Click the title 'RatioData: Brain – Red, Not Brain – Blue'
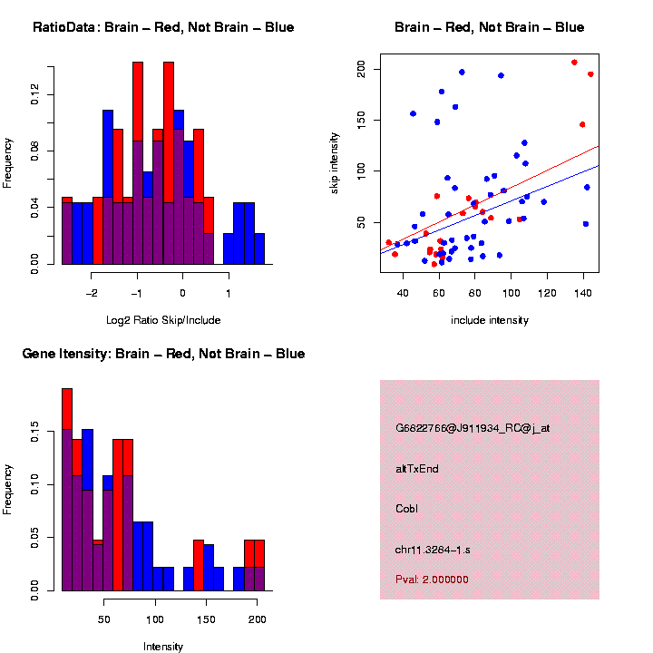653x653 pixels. (x=163, y=27)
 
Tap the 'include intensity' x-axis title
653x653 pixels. (x=490, y=319)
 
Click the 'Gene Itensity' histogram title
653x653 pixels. (x=163, y=354)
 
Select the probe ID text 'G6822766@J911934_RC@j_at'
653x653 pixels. (x=473, y=428)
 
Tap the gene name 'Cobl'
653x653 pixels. (x=406, y=509)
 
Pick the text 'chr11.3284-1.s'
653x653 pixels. (x=433, y=550)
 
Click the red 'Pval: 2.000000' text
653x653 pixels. (x=432, y=579)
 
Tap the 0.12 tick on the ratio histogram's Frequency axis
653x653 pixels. (x=35, y=94)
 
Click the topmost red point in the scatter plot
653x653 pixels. (x=574, y=63)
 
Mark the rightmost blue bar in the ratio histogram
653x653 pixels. (x=259, y=249)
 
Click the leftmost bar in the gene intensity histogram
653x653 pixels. (x=67, y=490)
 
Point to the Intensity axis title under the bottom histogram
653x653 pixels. (x=163, y=647)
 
